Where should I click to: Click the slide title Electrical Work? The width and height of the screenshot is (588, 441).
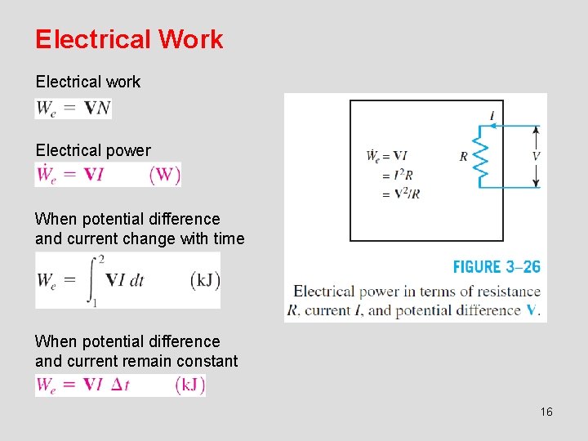coord(129,39)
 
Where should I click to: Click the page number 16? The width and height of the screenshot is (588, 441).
coord(546,412)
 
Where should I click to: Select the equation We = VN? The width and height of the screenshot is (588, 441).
coord(73,109)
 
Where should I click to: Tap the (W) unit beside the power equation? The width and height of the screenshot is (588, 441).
coord(165,174)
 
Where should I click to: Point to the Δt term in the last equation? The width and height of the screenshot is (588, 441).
coord(119,385)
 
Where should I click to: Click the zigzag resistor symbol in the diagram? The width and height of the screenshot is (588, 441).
coord(481,157)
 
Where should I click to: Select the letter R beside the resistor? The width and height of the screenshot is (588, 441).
coord(464,156)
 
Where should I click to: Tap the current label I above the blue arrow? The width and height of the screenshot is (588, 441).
coord(492,116)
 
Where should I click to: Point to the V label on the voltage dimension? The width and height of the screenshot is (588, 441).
coord(536,155)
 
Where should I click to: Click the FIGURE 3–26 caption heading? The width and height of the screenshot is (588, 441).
coord(497,267)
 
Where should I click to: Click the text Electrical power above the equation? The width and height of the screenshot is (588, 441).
coord(93,150)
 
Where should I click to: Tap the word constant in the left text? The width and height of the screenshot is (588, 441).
coord(207,361)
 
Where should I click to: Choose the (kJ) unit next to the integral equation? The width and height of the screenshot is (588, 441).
coord(204,279)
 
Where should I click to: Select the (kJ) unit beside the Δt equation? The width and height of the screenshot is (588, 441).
coord(189,385)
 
